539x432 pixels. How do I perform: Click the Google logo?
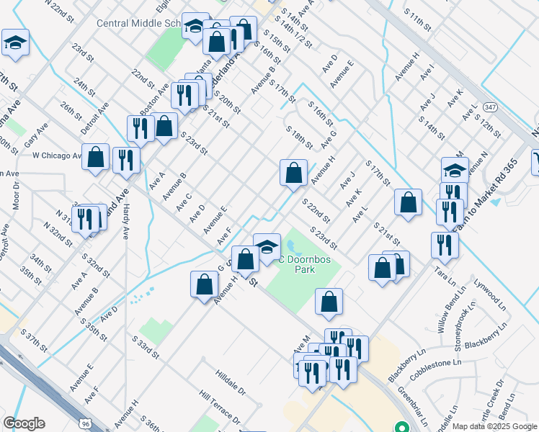24,423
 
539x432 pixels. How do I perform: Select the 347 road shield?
490,107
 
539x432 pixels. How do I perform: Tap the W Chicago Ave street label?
58,156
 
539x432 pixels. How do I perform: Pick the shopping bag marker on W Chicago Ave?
95,158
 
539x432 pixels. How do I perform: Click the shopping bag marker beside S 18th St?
293,173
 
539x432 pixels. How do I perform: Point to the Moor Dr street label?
16,194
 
